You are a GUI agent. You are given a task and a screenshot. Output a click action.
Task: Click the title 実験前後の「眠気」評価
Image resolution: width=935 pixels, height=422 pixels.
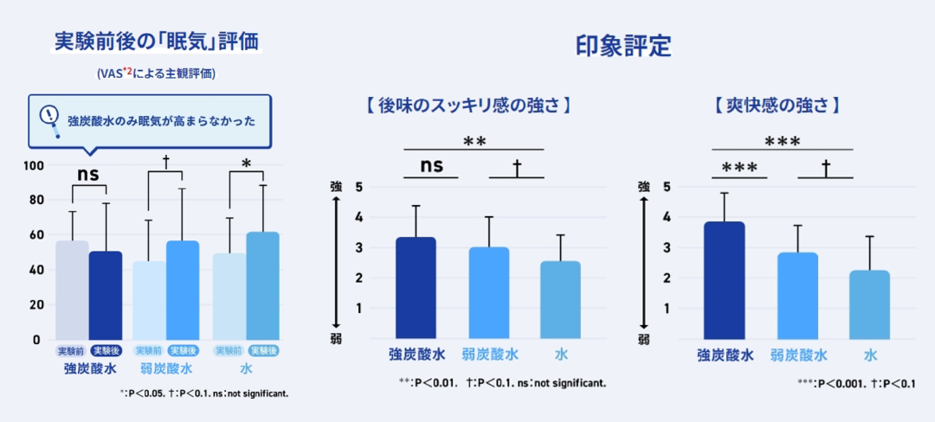click(156, 42)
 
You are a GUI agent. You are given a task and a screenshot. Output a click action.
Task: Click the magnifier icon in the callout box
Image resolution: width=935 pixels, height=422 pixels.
click(52, 120)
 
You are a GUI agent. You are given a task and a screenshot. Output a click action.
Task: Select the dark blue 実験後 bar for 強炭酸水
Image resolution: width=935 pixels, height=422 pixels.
click(106, 295)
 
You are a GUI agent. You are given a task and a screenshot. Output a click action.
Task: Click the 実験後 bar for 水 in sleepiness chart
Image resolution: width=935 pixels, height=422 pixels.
click(262, 285)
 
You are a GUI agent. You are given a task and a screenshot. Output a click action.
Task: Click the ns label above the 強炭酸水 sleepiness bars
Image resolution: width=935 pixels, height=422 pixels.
click(88, 174)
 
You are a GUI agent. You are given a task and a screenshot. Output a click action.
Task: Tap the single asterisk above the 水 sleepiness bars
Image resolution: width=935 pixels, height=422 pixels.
click(247, 164)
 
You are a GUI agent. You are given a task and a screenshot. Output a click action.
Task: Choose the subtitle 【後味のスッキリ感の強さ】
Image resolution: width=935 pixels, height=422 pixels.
click(467, 106)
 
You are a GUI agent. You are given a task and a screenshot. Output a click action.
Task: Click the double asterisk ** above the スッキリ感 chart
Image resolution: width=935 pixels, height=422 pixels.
click(474, 141)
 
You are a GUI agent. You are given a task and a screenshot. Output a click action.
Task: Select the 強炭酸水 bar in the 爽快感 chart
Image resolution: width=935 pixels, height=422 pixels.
click(725, 280)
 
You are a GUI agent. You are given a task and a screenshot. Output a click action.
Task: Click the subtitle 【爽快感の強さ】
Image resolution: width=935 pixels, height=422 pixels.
click(778, 106)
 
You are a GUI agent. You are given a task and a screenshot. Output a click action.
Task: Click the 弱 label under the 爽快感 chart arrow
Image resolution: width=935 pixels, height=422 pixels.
click(644, 339)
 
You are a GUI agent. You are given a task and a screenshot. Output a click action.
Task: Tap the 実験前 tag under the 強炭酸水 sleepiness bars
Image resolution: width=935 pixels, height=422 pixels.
click(71, 350)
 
